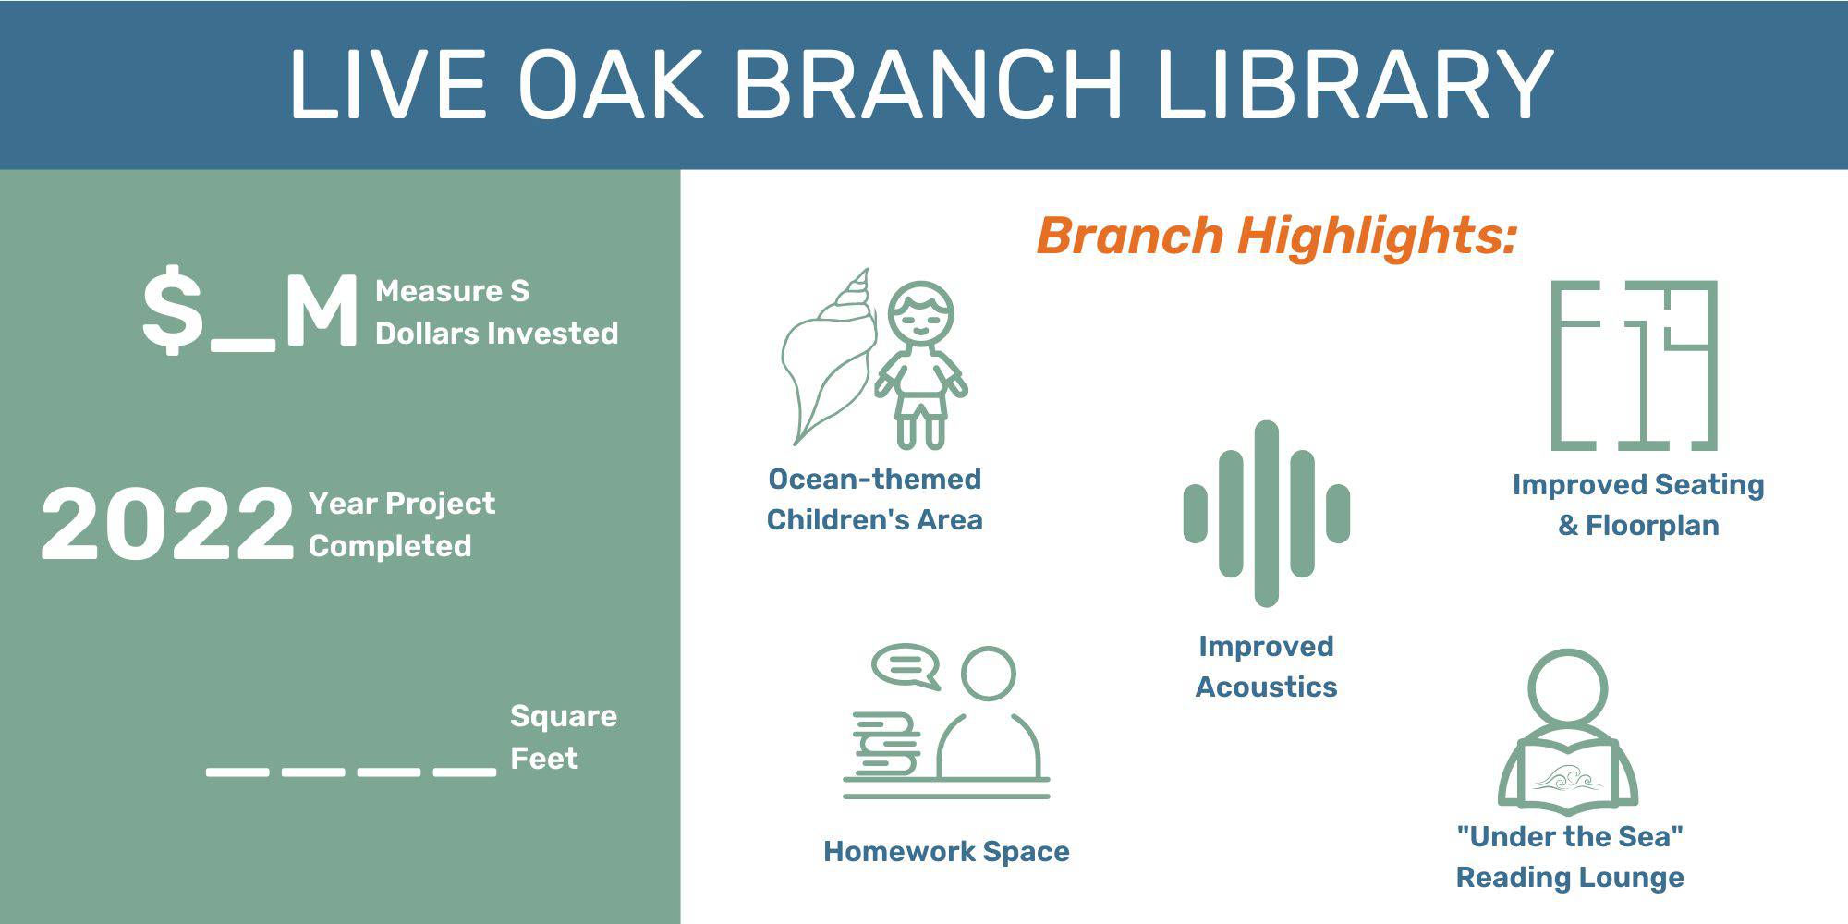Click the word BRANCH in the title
point(928,84)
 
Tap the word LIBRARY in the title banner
point(1356,84)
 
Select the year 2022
point(167,524)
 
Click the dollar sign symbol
point(173,310)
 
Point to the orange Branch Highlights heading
point(1277,236)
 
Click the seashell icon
point(829,360)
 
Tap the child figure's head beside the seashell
point(920,313)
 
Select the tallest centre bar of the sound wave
point(1267,514)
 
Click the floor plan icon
point(1634,366)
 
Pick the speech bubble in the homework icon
point(906,665)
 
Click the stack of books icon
point(886,745)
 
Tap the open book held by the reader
point(1568,774)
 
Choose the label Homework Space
point(946,851)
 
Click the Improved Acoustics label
point(1266,666)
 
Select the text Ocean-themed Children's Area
point(874,499)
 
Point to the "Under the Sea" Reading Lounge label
point(1570,857)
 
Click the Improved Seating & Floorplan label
point(1638,505)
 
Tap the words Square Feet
point(564,737)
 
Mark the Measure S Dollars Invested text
point(497,312)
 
